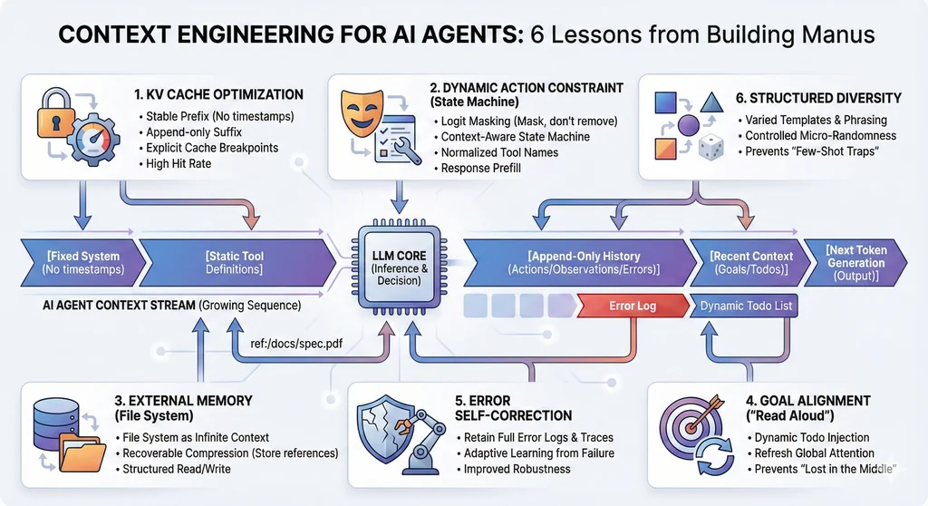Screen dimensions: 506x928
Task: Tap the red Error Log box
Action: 632,306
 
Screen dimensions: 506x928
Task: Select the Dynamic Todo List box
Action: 745,306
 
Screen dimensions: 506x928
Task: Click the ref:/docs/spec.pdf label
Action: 301,345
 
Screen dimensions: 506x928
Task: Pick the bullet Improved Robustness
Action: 517,469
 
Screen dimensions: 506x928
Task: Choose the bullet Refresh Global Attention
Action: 813,453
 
